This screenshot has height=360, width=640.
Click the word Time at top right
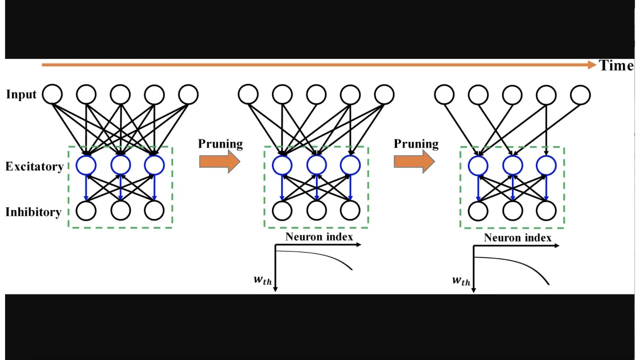point(616,65)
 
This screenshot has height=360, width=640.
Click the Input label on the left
point(21,94)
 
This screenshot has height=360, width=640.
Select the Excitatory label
point(34,166)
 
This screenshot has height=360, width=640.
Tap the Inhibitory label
point(33,212)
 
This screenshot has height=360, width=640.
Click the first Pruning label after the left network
point(220,144)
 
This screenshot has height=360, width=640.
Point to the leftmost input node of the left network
point(52,94)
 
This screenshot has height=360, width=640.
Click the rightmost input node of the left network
point(188,94)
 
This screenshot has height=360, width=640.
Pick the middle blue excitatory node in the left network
point(120,165)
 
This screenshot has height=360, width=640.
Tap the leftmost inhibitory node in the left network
point(86,211)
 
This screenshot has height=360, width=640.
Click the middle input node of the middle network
point(316,94)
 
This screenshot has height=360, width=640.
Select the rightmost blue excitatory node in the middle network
point(350,165)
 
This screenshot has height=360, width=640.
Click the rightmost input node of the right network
point(580,94)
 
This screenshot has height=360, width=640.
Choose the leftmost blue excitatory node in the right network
point(478,165)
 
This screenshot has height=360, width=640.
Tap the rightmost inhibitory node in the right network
point(546,211)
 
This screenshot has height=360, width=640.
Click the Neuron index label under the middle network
point(319,236)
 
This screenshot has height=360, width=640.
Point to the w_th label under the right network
point(461,280)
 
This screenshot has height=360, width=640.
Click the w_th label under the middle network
point(263,279)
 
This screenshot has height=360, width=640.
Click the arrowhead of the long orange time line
point(591,64)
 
